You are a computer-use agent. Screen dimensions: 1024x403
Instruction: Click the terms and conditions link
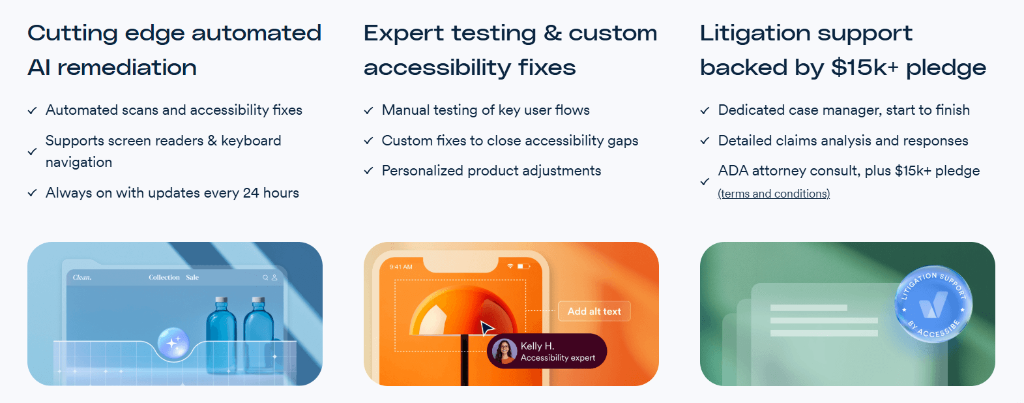[774, 194]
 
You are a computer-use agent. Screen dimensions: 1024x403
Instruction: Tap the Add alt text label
[594, 312]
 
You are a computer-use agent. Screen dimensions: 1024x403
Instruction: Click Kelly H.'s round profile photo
[505, 351]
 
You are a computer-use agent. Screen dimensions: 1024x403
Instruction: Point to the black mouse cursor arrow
[486, 328]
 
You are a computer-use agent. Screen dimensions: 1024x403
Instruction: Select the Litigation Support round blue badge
[933, 304]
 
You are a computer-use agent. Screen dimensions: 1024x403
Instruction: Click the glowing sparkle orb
[173, 342]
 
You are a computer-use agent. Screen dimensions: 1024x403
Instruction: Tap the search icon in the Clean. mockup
[265, 277]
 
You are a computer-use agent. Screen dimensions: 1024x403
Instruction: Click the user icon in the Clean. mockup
[274, 277]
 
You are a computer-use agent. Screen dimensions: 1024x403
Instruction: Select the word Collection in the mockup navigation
[164, 277]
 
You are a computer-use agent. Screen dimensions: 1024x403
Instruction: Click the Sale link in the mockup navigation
[192, 277]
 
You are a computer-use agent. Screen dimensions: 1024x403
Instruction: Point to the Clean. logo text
[82, 277]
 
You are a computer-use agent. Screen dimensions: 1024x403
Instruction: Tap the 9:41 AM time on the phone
[401, 267]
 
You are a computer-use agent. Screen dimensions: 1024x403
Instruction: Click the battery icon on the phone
[523, 266]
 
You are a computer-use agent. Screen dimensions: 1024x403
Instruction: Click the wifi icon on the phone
[510, 266]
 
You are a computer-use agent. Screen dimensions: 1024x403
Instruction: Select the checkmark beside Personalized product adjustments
[368, 171]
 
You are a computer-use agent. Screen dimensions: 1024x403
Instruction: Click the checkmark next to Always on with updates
[32, 192]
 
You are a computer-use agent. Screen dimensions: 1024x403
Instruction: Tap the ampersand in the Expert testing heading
[553, 33]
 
